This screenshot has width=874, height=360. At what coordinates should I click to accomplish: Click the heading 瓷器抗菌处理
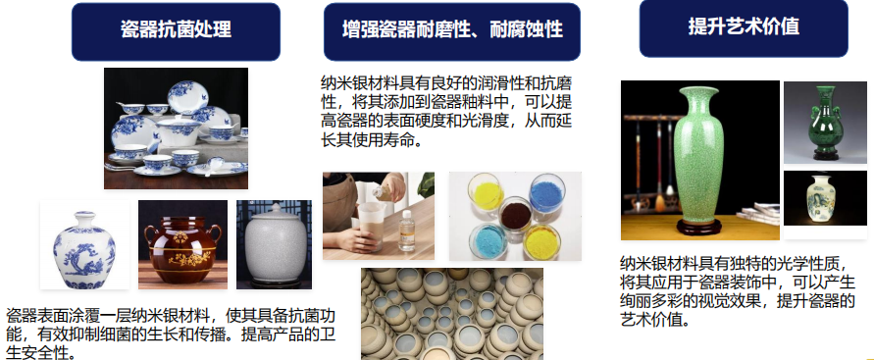coord(176,29)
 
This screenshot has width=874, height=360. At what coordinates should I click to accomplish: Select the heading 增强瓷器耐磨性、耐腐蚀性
coord(452,29)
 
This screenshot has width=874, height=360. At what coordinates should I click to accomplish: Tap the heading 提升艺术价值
coord(744,26)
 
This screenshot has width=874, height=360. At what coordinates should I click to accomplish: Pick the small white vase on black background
coord(822,198)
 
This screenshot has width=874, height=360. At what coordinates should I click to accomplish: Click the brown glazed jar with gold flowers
coord(182,249)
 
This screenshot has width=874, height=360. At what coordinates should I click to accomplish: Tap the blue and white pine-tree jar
coord(84,250)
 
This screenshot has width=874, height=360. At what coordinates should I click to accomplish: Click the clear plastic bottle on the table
coord(407,231)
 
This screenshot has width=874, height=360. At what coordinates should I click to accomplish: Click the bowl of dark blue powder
coord(546,194)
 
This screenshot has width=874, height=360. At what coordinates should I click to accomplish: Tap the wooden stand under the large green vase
coord(699,227)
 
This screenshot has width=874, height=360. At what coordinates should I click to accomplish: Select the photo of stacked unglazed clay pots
coord(451,314)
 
